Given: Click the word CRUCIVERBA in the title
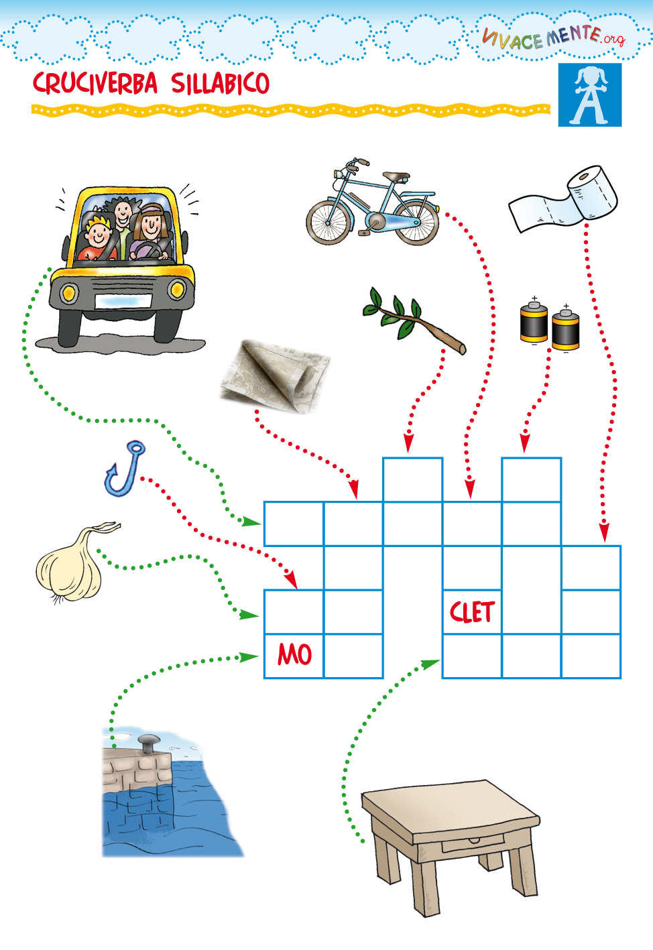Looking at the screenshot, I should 95,84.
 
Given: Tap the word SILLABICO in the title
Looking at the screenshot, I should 220,84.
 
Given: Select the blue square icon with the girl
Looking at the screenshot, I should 589,95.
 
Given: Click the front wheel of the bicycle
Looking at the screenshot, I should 329,221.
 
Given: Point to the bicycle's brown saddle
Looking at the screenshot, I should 396,177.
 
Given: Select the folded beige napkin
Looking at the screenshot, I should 276,375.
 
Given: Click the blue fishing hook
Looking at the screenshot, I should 125,469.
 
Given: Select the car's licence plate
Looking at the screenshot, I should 122,301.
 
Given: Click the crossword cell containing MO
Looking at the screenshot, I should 294,655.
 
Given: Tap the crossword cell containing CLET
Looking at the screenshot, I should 472,611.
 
